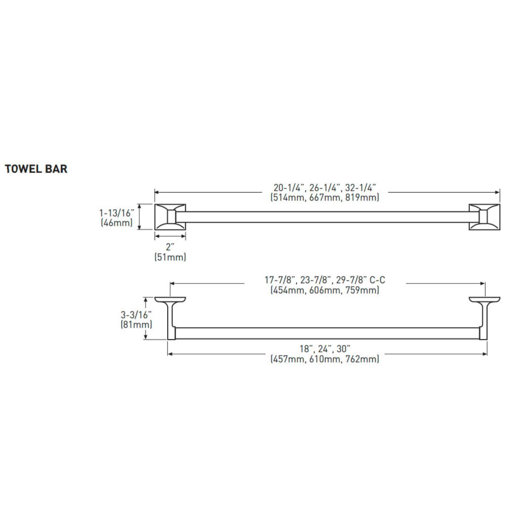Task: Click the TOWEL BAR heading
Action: pos(36,169)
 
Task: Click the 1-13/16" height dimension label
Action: pos(117,213)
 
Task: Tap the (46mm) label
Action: pos(117,223)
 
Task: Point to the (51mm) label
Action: pos(170,257)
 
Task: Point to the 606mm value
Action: pos(325,290)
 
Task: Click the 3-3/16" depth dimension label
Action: pos(136,315)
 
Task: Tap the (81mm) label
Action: pos(136,325)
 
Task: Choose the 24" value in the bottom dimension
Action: pos(325,349)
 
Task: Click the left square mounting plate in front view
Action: pos(170,217)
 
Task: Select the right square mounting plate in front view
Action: pos(484,217)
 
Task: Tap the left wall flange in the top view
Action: pos(170,299)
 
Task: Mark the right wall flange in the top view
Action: pos(484,299)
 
